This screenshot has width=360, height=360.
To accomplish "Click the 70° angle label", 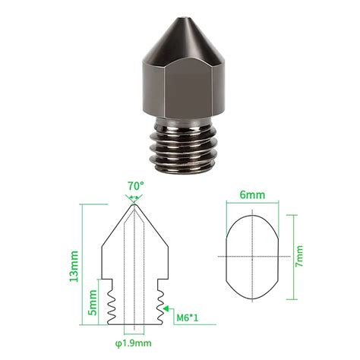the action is pos(135,186).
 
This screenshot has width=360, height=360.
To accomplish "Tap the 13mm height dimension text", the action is pos(74,267).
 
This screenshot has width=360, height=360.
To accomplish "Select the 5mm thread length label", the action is pos(93,302).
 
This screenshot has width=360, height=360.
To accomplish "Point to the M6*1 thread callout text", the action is pos(188,317).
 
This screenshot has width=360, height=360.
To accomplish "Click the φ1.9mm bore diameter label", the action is pos(134,343).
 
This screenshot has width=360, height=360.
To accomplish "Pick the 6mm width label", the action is pos(253,194).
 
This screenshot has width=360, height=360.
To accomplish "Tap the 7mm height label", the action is pos(299,256).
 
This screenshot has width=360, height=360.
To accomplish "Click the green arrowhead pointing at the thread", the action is pos(166,308).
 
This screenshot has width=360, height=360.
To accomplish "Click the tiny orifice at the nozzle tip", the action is pos(184,18).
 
